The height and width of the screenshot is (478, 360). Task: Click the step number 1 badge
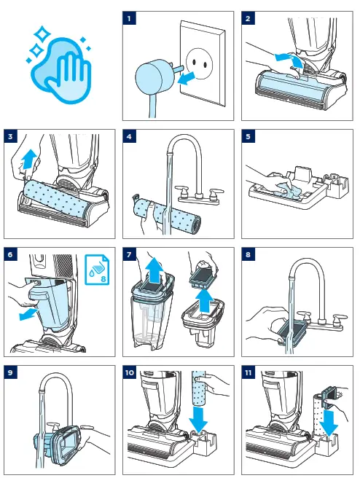pyautogui.click(x=129, y=18)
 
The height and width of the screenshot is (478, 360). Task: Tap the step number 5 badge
pyautogui.click(x=248, y=136)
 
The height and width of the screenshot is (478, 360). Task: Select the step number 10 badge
pyautogui.click(x=129, y=372)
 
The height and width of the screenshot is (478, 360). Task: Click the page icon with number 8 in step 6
pyautogui.click(x=97, y=270)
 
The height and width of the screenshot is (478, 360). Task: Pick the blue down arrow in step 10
pyautogui.click(x=198, y=419)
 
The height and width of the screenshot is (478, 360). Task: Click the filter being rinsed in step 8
pyautogui.click(x=293, y=332)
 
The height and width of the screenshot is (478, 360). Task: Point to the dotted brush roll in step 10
pyautogui.click(x=200, y=388)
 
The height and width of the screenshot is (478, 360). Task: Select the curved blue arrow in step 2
pyautogui.click(x=289, y=59)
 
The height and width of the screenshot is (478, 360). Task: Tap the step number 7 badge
pyautogui.click(x=129, y=254)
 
